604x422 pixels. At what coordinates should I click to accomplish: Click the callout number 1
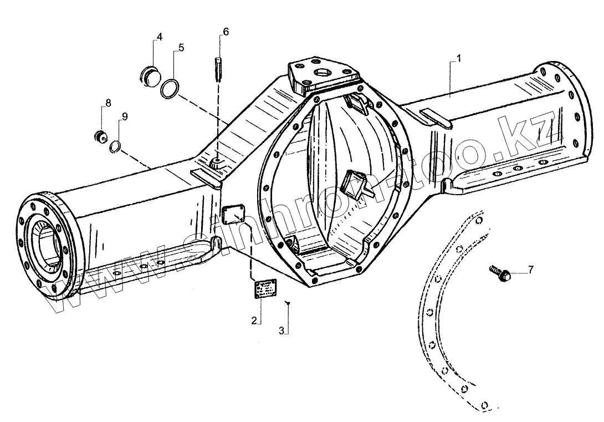coord(459,58)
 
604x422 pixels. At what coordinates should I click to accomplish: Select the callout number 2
coord(254,320)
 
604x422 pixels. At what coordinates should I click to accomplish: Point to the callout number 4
coord(159,37)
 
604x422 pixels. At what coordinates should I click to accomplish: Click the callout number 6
coord(225,31)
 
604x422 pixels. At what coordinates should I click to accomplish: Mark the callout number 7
coord(530,270)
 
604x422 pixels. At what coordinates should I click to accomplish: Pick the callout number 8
coord(108,103)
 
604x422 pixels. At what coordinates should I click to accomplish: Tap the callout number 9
coord(125,116)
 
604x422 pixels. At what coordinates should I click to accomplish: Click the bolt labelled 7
coord(500,273)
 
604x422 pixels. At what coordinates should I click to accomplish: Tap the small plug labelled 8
coord(101,136)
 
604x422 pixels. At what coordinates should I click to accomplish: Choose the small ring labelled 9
coord(115,146)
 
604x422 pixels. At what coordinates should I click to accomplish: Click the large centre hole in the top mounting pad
coord(322,72)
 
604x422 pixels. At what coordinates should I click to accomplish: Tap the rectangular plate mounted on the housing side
coord(233,214)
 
